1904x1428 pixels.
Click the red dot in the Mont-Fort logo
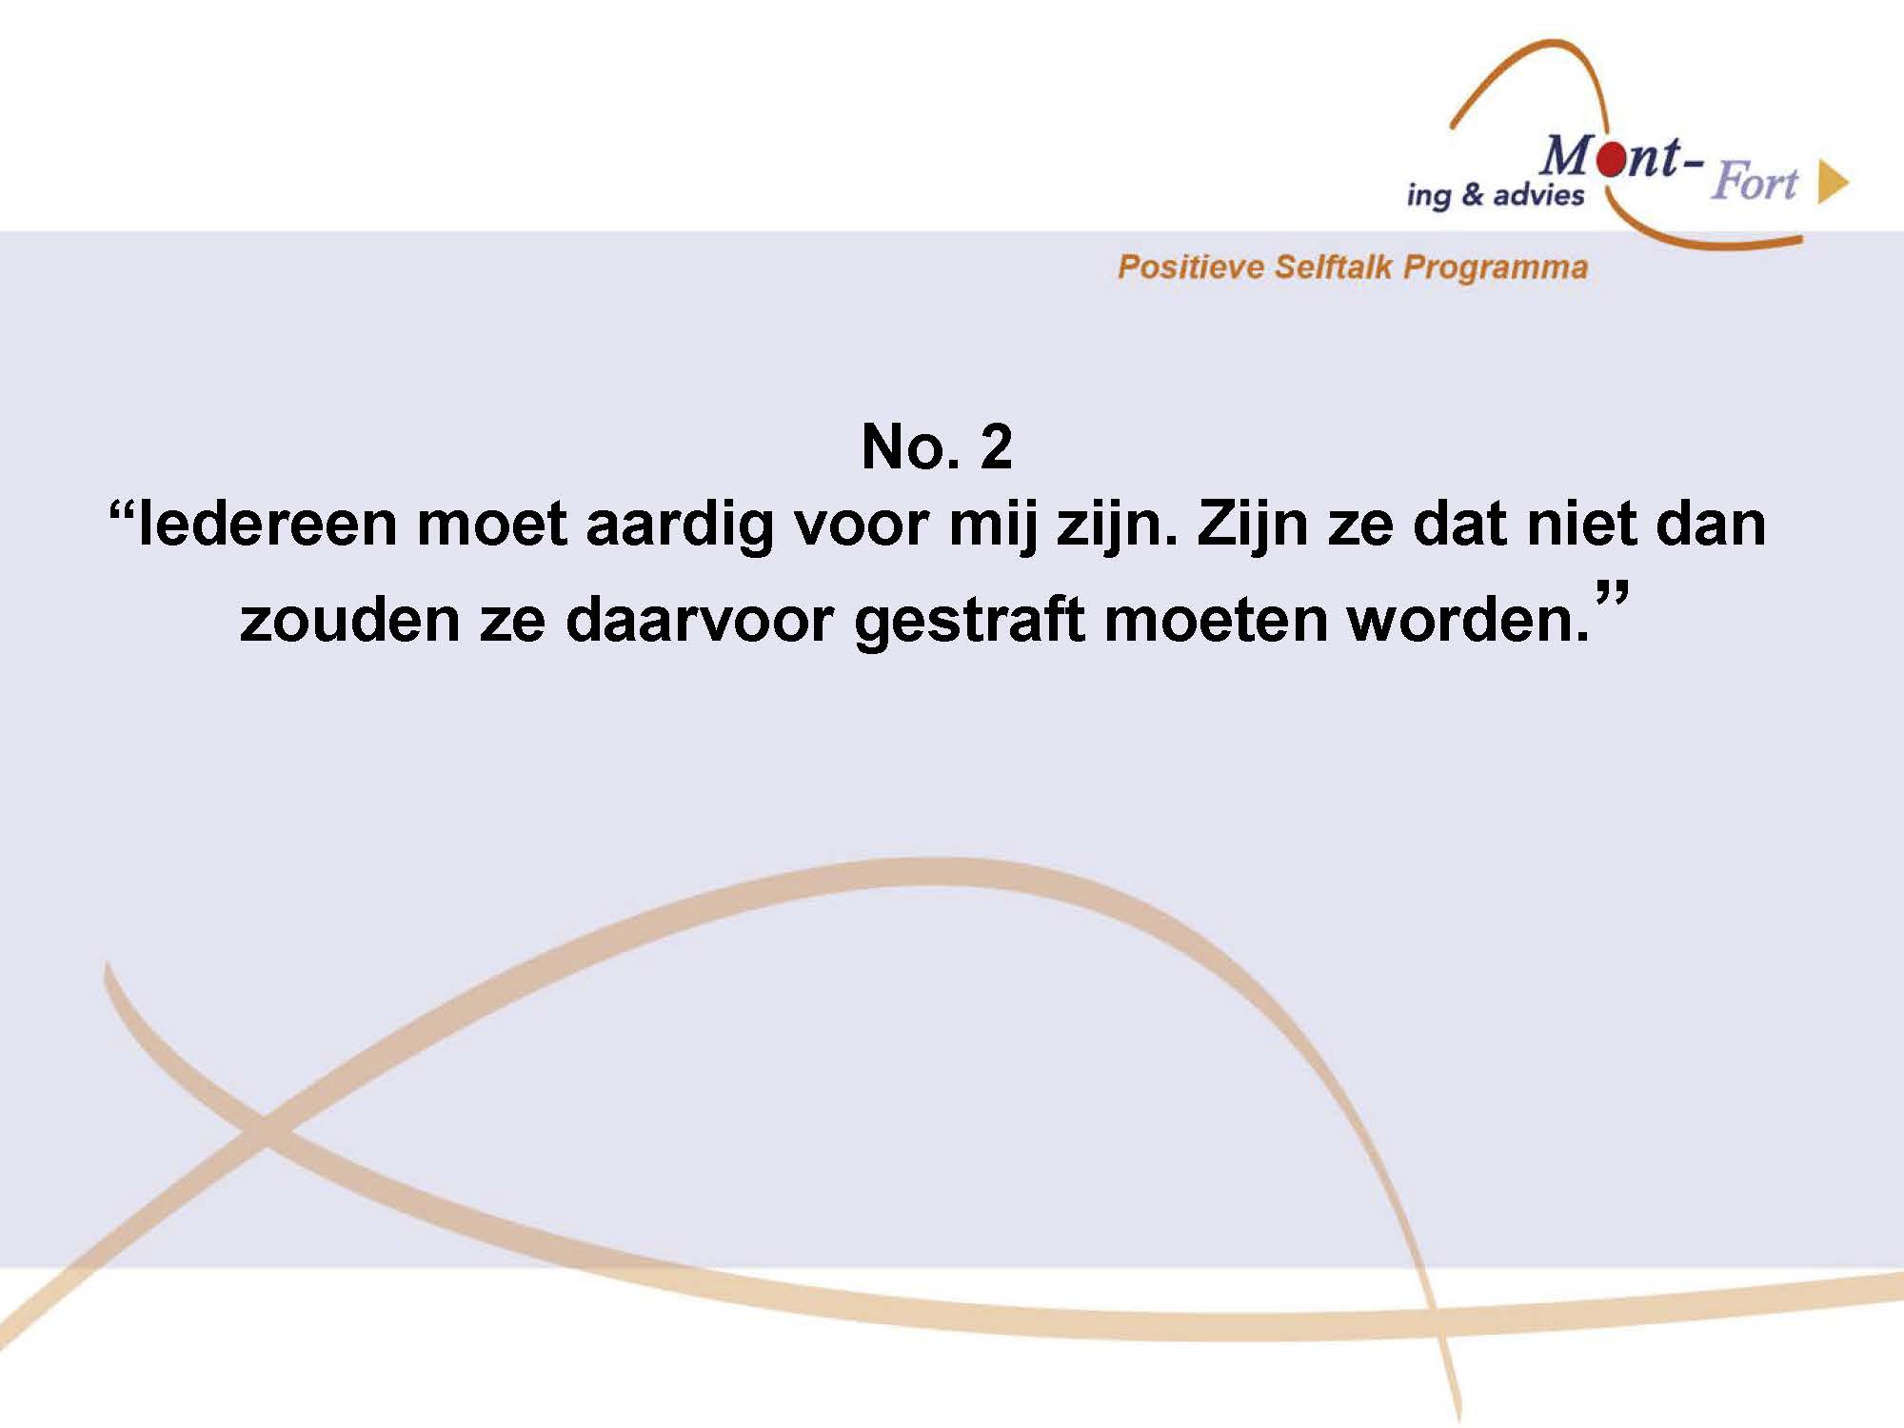[1612, 161]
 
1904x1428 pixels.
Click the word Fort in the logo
[1755, 181]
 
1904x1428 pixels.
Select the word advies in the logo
[1539, 194]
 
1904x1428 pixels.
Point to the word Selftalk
[1333, 267]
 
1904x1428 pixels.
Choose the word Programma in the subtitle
[1496, 268]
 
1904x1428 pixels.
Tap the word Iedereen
[268, 524]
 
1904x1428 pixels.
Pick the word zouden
[349, 620]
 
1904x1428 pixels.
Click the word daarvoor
[700, 620]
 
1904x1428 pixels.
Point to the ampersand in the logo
[1472, 194]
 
